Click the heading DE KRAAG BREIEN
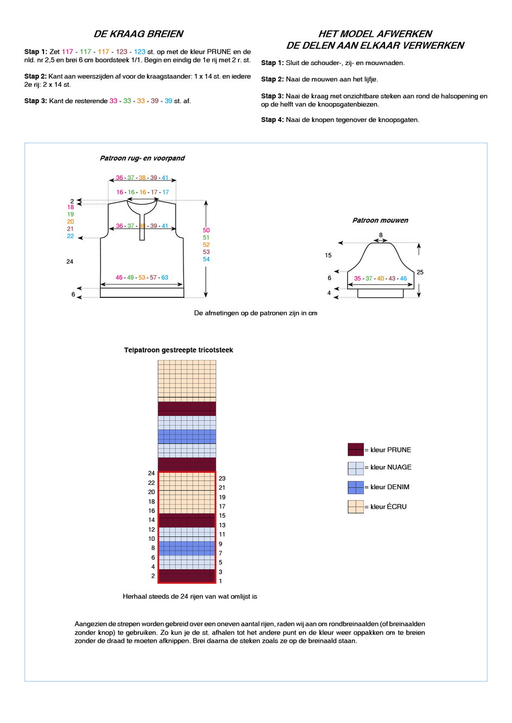138,34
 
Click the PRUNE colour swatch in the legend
356,449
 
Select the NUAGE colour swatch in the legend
356,469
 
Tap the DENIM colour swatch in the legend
356,488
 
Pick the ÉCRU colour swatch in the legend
356,507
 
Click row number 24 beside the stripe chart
151,473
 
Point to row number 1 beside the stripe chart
220,581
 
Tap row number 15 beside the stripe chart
222,515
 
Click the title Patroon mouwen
380,220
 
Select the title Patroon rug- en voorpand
142,158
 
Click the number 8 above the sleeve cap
381,235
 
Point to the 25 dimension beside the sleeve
420,272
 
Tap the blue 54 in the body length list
206,259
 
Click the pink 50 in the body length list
206,230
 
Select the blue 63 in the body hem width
165,277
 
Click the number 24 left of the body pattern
70,261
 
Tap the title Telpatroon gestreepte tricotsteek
178,350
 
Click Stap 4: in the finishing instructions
273,120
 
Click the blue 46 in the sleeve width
403,278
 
